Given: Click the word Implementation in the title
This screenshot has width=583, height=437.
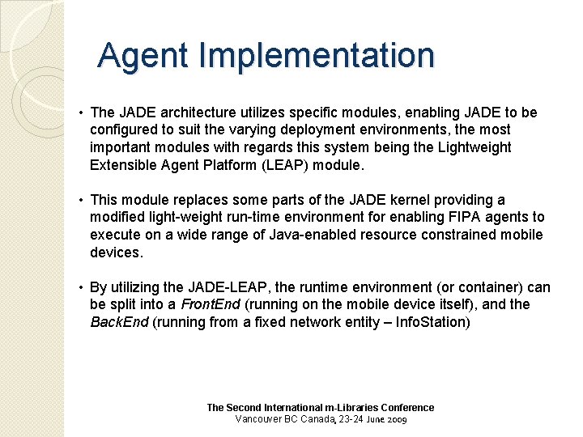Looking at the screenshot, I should point(317,56).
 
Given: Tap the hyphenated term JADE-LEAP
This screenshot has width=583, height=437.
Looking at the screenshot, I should point(226,287).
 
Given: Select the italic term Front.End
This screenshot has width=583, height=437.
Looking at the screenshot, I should point(210,304).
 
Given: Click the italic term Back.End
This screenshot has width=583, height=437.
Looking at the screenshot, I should point(119,322).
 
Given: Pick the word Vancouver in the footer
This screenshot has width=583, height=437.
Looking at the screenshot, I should point(259,419).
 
